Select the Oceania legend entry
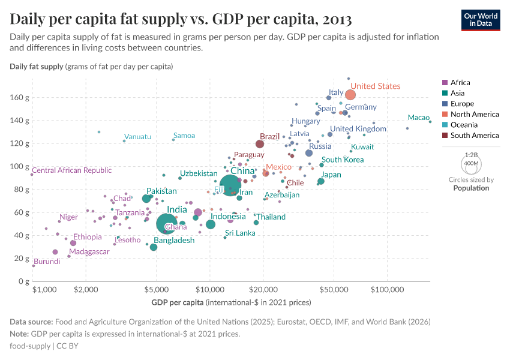464,125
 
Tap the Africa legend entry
460,83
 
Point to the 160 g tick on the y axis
19,97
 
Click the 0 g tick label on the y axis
24,281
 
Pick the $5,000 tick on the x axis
157,290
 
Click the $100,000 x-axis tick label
387,290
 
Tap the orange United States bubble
350,95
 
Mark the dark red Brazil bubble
260,144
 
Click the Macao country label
418,118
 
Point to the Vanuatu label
137,137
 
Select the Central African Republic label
71,170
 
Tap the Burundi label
46,262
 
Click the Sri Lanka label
240,233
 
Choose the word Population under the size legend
471,188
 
